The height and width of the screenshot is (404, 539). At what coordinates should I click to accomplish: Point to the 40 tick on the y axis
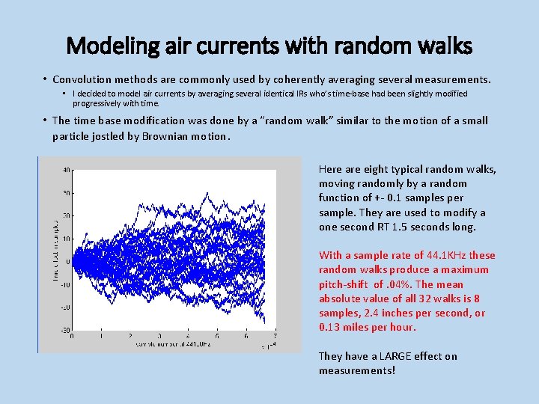67,170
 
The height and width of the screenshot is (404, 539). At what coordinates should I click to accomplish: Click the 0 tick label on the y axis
68,261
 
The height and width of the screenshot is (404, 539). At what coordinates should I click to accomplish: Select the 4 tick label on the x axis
188,337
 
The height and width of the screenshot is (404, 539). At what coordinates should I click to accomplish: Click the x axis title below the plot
166,344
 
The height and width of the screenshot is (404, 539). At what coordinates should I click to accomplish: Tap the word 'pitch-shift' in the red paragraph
344,284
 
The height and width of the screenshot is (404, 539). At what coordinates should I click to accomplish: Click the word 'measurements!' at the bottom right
356,370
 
